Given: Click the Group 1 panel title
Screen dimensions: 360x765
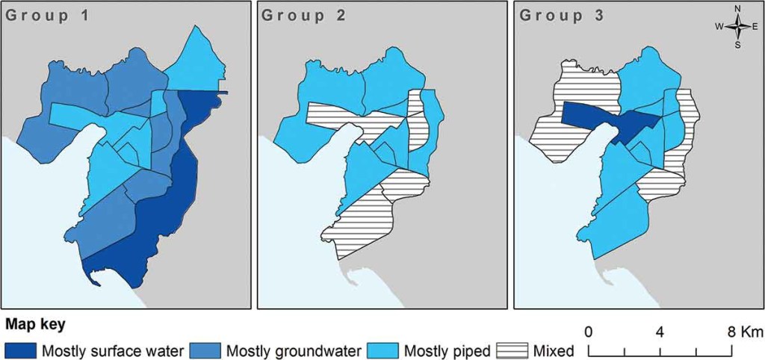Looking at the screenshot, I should point(46,16).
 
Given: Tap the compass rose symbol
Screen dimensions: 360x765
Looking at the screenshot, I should point(737,27).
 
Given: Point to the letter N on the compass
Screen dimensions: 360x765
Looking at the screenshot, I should point(737,9).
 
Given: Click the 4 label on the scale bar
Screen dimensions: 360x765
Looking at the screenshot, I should point(660,331).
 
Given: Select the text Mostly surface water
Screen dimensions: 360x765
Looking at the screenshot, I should point(113,350).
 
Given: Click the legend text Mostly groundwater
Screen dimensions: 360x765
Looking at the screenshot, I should point(294,350).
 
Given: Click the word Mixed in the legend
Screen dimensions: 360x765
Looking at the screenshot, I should point(554,350).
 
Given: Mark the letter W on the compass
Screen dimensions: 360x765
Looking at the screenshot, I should point(719,27).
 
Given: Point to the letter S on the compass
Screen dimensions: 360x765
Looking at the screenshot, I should point(737,45).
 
